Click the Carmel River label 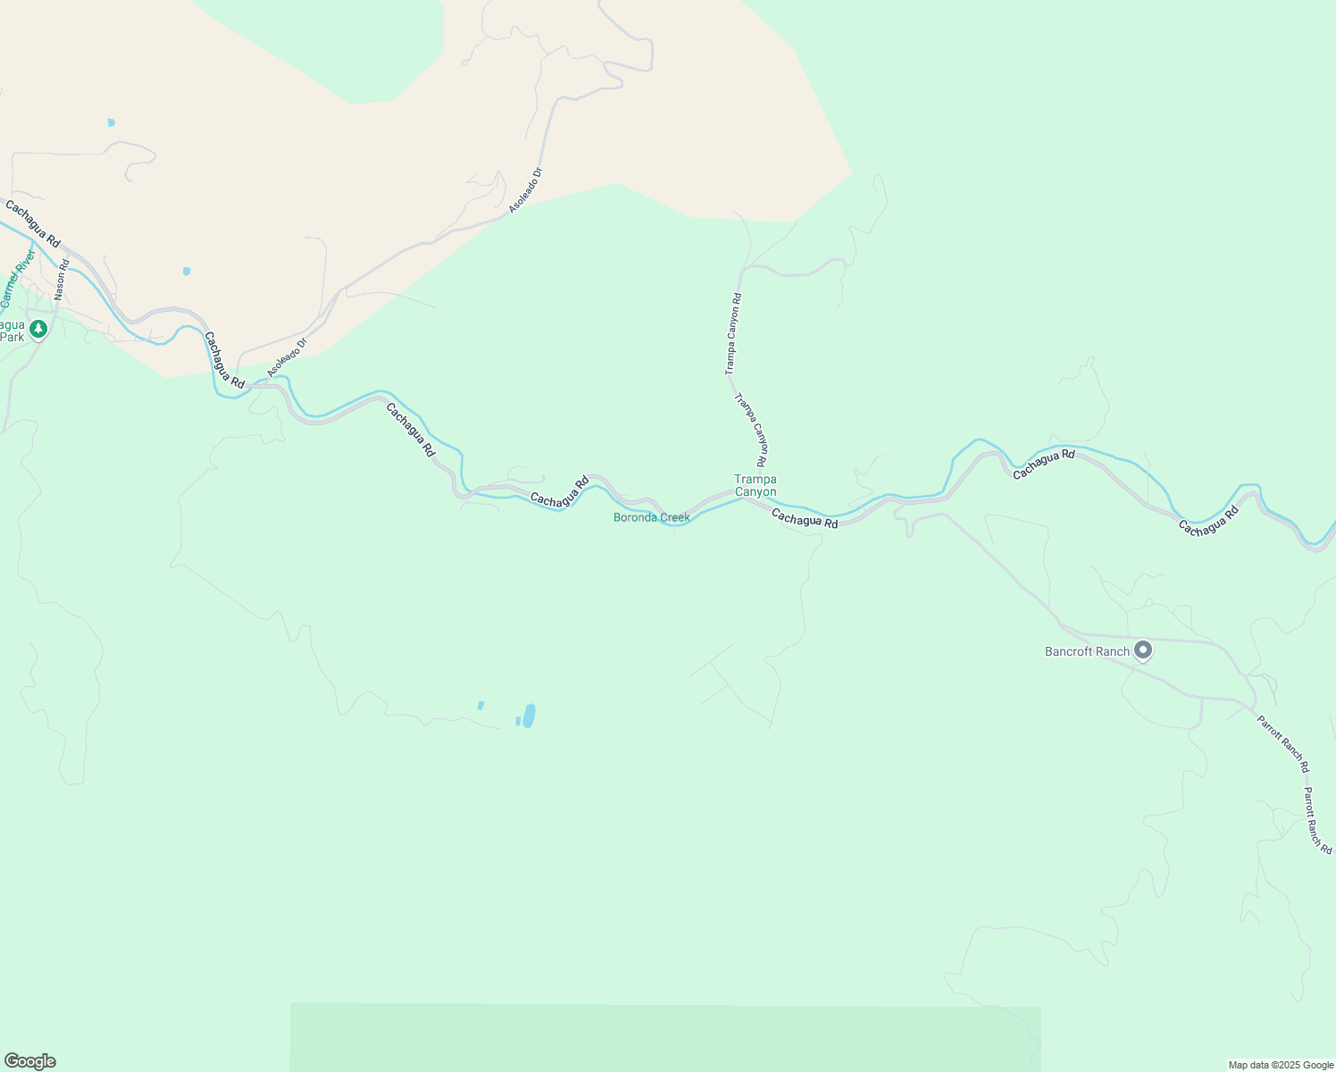(x=18, y=280)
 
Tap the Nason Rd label (x=61, y=279)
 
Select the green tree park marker (x=38, y=330)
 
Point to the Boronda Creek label (x=651, y=517)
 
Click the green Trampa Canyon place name (x=756, y=485)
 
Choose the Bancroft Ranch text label (x=1087, y=651)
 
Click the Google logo (x=29, y=1061)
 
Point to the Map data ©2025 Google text (x=1281, y=1065)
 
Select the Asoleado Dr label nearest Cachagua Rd (x=288, y=356)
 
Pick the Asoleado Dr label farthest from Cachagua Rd (x=526, y=190)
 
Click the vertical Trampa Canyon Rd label (x=732, y=333)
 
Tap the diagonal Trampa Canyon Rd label (x=751, y=431)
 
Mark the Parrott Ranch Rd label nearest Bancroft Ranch (x=1283, y=744)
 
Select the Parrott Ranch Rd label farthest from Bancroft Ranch (x=1317, y=820)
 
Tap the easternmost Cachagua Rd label (x=1208, y=522)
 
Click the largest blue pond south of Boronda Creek (x=529, y=716)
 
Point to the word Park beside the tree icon (x=12, y=337)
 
